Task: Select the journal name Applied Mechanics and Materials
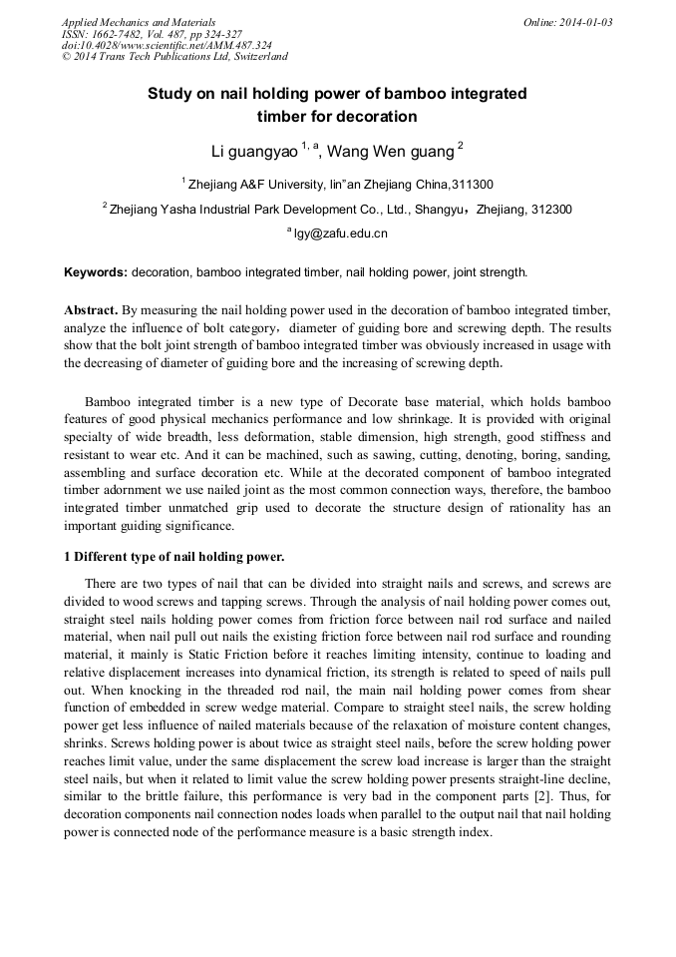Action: click(139, 22)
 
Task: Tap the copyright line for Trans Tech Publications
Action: click(174, 58)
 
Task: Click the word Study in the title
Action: click(169, 94)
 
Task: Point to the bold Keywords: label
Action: click(96, 271)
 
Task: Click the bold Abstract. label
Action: click(92, 310)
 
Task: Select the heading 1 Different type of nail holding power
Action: click(174, 556)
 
